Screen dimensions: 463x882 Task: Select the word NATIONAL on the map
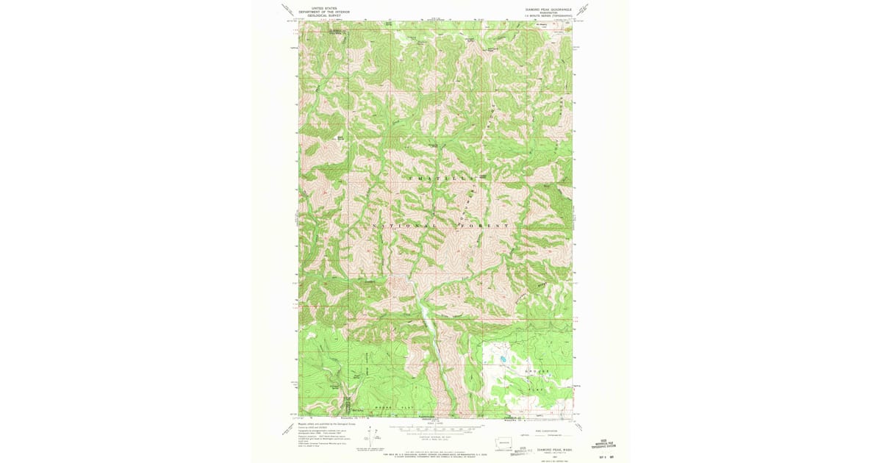[x=404, y=225]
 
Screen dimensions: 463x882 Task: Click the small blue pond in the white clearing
[x=503, y=359]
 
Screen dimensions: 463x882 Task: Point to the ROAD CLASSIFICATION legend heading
[x=539, y=431]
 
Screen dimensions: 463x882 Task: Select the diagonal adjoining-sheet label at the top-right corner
[x=582, y=10]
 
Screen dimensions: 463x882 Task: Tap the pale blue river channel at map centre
[x=426, y=312]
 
